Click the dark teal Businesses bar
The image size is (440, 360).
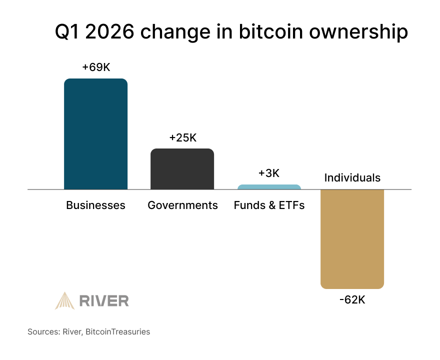[95, 134]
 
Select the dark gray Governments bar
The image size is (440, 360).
[182, 169]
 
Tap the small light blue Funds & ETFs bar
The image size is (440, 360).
[269, 187]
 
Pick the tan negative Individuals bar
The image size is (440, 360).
[352, 239]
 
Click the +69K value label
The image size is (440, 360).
[96, 67]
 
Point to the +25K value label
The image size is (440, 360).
[182, 138]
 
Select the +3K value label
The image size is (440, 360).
[269, 173]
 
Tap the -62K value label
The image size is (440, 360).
[352, 300]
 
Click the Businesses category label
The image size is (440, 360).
[95, 205]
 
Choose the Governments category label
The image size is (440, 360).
[182, 205]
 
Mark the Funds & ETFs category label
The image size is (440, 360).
[269, 205]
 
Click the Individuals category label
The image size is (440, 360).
[352, 178]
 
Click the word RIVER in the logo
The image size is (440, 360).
[104, 300]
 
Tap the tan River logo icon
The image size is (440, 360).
[64, 300]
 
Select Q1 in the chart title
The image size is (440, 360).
[67, 32]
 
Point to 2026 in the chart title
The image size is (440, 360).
[111, 32]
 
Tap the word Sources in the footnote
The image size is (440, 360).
[44, 331]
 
